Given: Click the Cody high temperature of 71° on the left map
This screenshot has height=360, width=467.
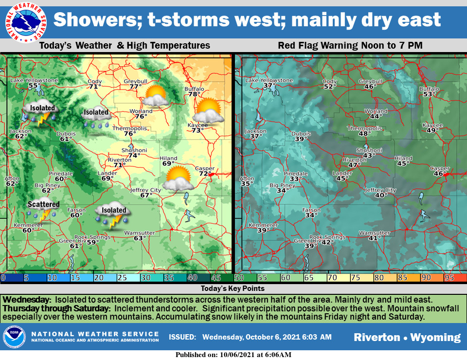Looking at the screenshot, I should point(94,87).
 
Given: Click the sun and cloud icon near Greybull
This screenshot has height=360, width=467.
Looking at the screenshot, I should point(156,96).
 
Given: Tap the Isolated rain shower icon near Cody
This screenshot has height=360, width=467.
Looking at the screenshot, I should point(96,117).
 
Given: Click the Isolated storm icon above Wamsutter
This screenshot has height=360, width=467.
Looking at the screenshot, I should point(111,215).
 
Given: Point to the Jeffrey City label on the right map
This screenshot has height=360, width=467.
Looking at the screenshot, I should point(380,190).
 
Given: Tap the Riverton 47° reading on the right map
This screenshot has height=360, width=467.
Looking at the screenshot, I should point(355,165).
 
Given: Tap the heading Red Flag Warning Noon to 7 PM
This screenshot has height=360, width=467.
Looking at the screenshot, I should point(350,46).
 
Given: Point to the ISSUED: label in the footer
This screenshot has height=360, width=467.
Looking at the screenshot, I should point(182,337).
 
